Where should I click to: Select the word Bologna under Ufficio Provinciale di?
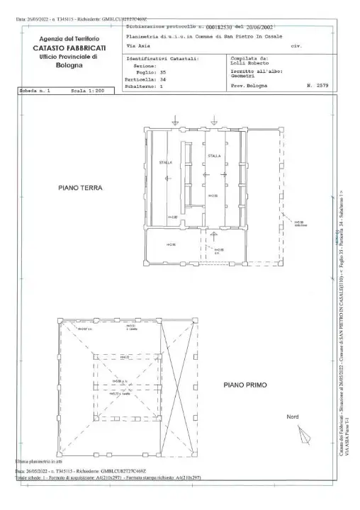(x=68, y=65)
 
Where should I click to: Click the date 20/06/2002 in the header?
(x=261, y=25)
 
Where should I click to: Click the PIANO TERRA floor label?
(x=81, y=188)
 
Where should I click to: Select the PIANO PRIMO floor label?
(x=244, y=385)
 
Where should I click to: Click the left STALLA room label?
(x=165, y=162)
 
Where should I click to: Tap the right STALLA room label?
(x=214, y=155)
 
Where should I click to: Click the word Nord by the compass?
(x=293, y=416)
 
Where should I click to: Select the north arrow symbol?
(x=304, y=433)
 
